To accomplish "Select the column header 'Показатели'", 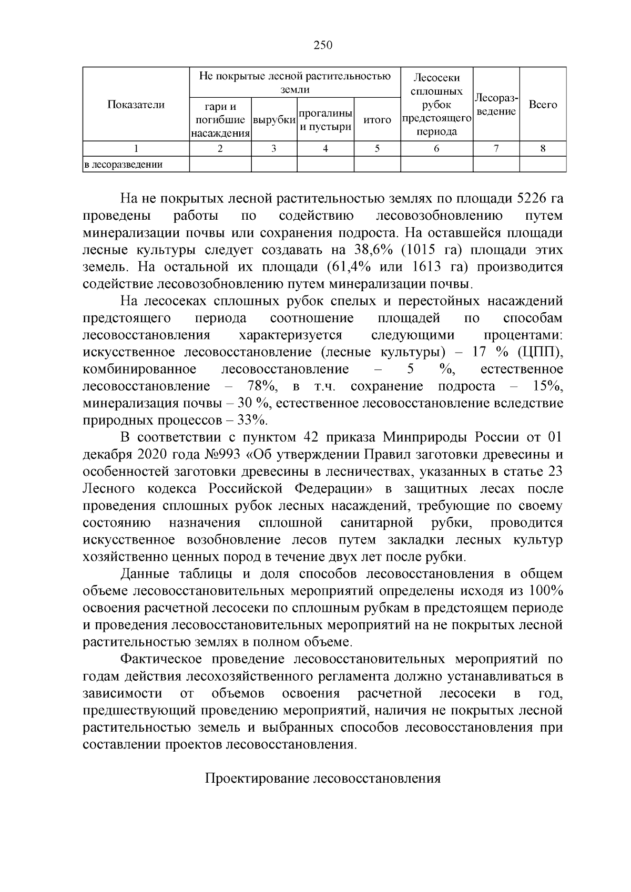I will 136,105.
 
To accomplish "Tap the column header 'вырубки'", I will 274,120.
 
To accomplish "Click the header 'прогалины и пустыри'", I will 325,120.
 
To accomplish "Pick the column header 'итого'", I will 377,120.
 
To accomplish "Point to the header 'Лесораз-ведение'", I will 496,105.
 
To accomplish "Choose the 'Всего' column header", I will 543,105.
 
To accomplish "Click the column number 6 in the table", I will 436,149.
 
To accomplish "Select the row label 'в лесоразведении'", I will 124,165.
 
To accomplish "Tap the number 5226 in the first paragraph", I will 533,199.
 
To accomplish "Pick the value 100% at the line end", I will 546,591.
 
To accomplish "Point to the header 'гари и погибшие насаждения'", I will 220,120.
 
